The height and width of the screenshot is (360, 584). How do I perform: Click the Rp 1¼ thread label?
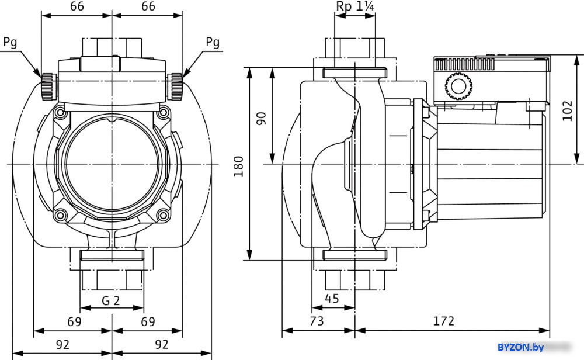click(354, 6)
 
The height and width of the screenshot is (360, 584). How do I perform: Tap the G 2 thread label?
click(111, 301)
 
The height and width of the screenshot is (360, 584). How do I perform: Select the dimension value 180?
click(238, 167)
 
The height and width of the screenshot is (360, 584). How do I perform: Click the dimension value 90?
click(262, 117)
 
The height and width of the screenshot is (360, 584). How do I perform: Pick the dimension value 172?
click(444, 321)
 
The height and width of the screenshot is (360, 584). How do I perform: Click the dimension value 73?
click(317, 321)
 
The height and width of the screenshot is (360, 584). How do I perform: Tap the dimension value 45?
click(332, 298)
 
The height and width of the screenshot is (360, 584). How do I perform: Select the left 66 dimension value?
click(77, 6)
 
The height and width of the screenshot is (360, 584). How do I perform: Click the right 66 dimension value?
click(148, 6)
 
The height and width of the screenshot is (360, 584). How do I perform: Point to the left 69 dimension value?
click(74, 321)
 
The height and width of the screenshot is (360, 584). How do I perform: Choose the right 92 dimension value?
click(162, 344)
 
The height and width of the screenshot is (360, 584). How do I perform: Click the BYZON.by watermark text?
click(519, 348)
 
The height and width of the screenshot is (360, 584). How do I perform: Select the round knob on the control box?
click(456, 87)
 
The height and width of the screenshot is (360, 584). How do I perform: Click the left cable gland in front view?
click(47, 86)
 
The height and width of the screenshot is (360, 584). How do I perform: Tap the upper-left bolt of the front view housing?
click(60, 111)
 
